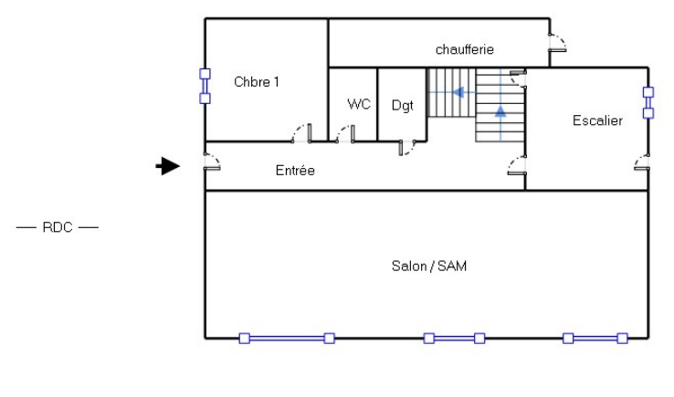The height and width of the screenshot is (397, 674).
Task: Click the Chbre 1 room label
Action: (x=257, y=82)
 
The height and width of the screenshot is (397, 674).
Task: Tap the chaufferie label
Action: (x=465, y=49)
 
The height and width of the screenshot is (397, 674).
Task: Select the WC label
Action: (x=359, y=104)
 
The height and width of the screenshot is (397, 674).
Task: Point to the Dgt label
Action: (x=403, y=105)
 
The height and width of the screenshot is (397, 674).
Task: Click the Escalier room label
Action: (x=597, y=120)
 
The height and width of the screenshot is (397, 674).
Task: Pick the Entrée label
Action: (x=295, y=171)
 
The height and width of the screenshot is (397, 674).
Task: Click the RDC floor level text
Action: (x=57, y=227)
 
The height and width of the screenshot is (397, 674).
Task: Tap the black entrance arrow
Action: (x=167, y=165)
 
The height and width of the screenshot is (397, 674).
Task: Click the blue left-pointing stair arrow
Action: (x=458, y=92)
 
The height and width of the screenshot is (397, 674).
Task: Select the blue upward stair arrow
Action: (x=500, y=112)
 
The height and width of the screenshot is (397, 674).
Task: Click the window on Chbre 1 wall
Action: (x=205, y=87)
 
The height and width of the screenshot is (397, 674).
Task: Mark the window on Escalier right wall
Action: (x=648, y=102)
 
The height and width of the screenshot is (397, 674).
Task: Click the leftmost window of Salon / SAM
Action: (x=287, y=339)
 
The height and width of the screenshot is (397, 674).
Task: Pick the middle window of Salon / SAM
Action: (x=454, y=339)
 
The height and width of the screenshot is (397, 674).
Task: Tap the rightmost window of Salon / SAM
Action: (x=595, y=339)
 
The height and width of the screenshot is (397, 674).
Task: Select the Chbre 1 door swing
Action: (x=300, y=135)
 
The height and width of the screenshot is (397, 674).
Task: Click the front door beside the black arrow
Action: (x=212, y=163)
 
